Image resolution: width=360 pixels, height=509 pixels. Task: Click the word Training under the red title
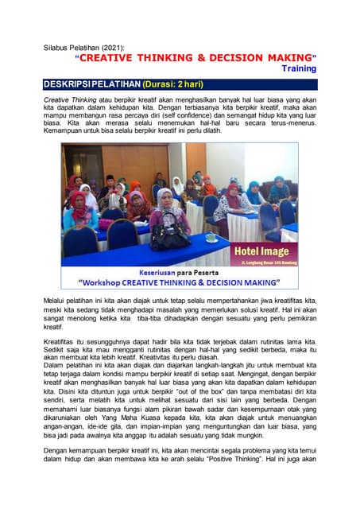click(299, 69)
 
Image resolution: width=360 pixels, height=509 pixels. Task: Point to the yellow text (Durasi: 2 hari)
click(184, 84)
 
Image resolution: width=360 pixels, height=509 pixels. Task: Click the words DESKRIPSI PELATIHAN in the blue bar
click(93, 84)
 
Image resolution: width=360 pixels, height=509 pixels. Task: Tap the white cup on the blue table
click(211, 236)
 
